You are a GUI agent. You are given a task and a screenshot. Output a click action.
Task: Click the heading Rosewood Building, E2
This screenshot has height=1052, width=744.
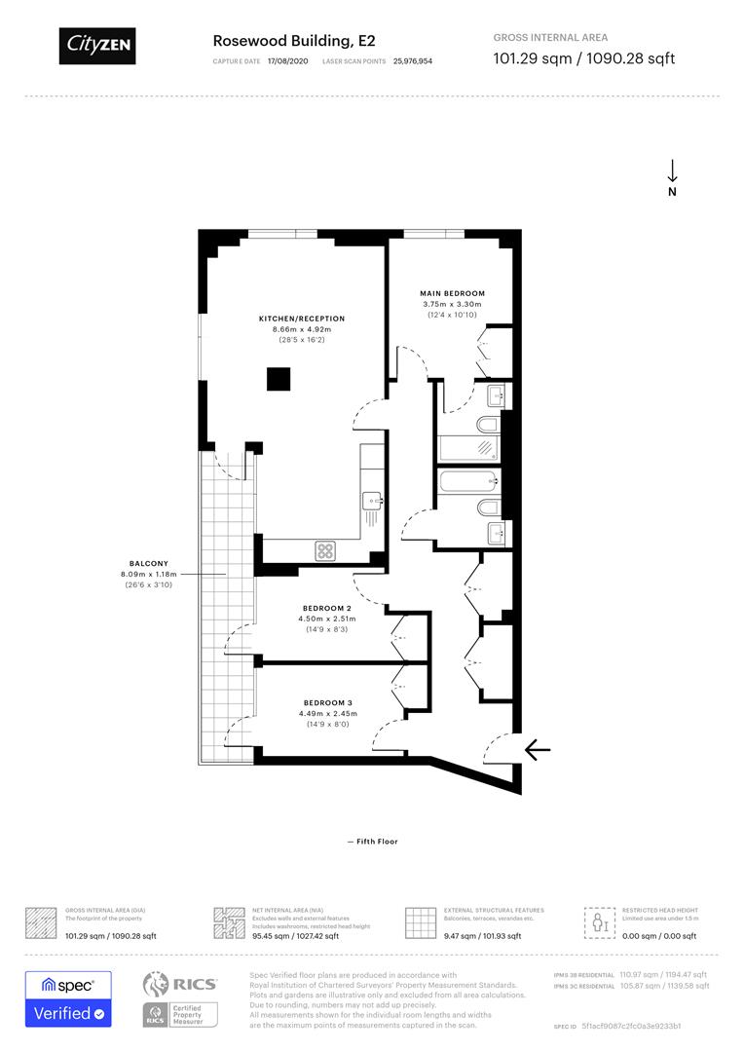[293, 40]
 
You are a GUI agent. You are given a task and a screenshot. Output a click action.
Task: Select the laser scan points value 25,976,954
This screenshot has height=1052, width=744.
[413, 60]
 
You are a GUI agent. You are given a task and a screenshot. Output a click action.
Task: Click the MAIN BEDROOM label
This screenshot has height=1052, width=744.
[452, 293]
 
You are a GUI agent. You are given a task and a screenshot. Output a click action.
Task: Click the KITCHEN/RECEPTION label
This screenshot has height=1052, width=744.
[301, 319]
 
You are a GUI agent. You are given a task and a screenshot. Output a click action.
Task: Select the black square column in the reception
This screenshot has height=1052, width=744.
[279, 378]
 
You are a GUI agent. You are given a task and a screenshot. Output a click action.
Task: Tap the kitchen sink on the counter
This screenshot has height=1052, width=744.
[373, 501]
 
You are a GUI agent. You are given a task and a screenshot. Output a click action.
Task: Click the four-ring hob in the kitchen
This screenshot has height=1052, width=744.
[325, 550]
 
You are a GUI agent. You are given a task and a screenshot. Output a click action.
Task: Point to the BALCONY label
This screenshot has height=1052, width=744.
[149, 563]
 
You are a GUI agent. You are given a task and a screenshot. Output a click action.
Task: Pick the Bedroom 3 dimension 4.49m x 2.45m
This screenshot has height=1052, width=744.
[327, 714]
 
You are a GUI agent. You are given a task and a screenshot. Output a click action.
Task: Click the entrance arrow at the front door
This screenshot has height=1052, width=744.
[538, 749]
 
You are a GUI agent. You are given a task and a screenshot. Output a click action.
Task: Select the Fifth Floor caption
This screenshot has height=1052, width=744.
[372, 842]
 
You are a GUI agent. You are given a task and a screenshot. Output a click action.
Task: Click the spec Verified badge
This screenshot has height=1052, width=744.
[68, 998]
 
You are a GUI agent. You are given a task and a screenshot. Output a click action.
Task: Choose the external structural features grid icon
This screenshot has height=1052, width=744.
[420, 921]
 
